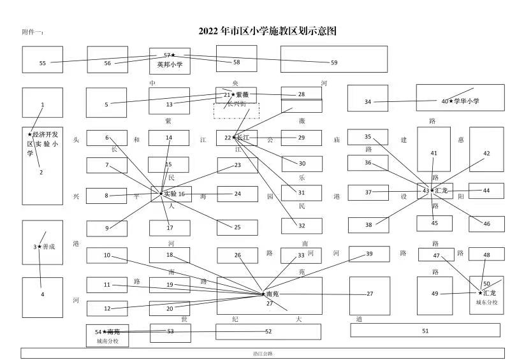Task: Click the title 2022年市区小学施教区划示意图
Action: coord(267,31)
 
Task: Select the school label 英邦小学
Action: coord(170,64)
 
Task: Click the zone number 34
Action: coord(368,102)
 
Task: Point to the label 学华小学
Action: coord(467,101)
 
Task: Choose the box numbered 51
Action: coord(425,331)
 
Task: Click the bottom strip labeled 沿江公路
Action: coord(262,353)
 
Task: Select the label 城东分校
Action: coord(487,302)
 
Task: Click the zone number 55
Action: coord(43,63)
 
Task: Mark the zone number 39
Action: coord(369,254)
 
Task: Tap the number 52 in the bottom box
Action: coord(268,331)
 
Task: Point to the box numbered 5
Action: coord(106,103)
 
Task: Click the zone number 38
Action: coord(368,225)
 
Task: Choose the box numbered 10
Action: coord(106,256)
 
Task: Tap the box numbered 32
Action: coord(302,226)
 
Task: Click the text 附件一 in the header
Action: coord(33,32)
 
